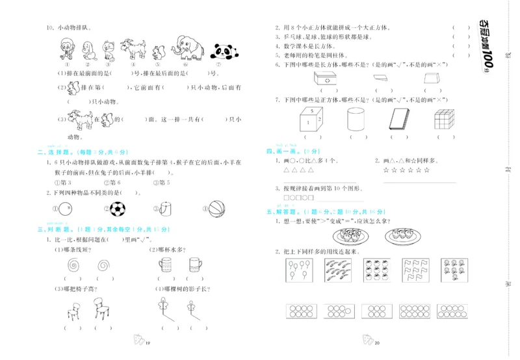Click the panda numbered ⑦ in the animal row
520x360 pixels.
click(x=222, y=50)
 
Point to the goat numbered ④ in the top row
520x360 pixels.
click(x=135, y=48)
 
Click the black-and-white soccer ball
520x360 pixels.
click(x=118, y=209)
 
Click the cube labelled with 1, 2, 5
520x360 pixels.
click(x=311, y=120)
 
